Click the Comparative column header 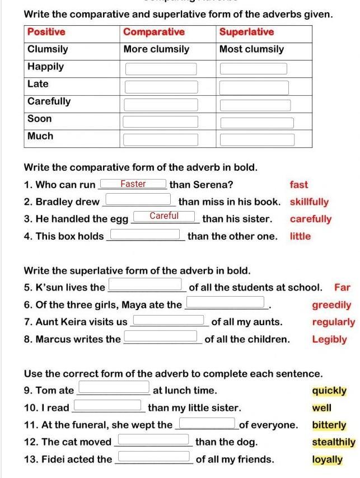point(154,32)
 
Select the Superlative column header point(246,32)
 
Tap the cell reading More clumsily point(156,49)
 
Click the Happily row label point(46,67)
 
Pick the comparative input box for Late point(161,87)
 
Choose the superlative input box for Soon point(256,123)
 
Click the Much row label point(41,136)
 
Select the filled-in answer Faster point(133,184)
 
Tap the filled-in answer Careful point(164,216)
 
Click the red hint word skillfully point(309,202)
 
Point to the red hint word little point(300,236)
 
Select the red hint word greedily point(331,305)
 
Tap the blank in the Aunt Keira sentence point(169,321)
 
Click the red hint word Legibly point(329,339)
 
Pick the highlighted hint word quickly point(329,391)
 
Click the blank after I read point(107,405)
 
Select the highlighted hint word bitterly point(329,425)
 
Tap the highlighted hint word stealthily point(334,442)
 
